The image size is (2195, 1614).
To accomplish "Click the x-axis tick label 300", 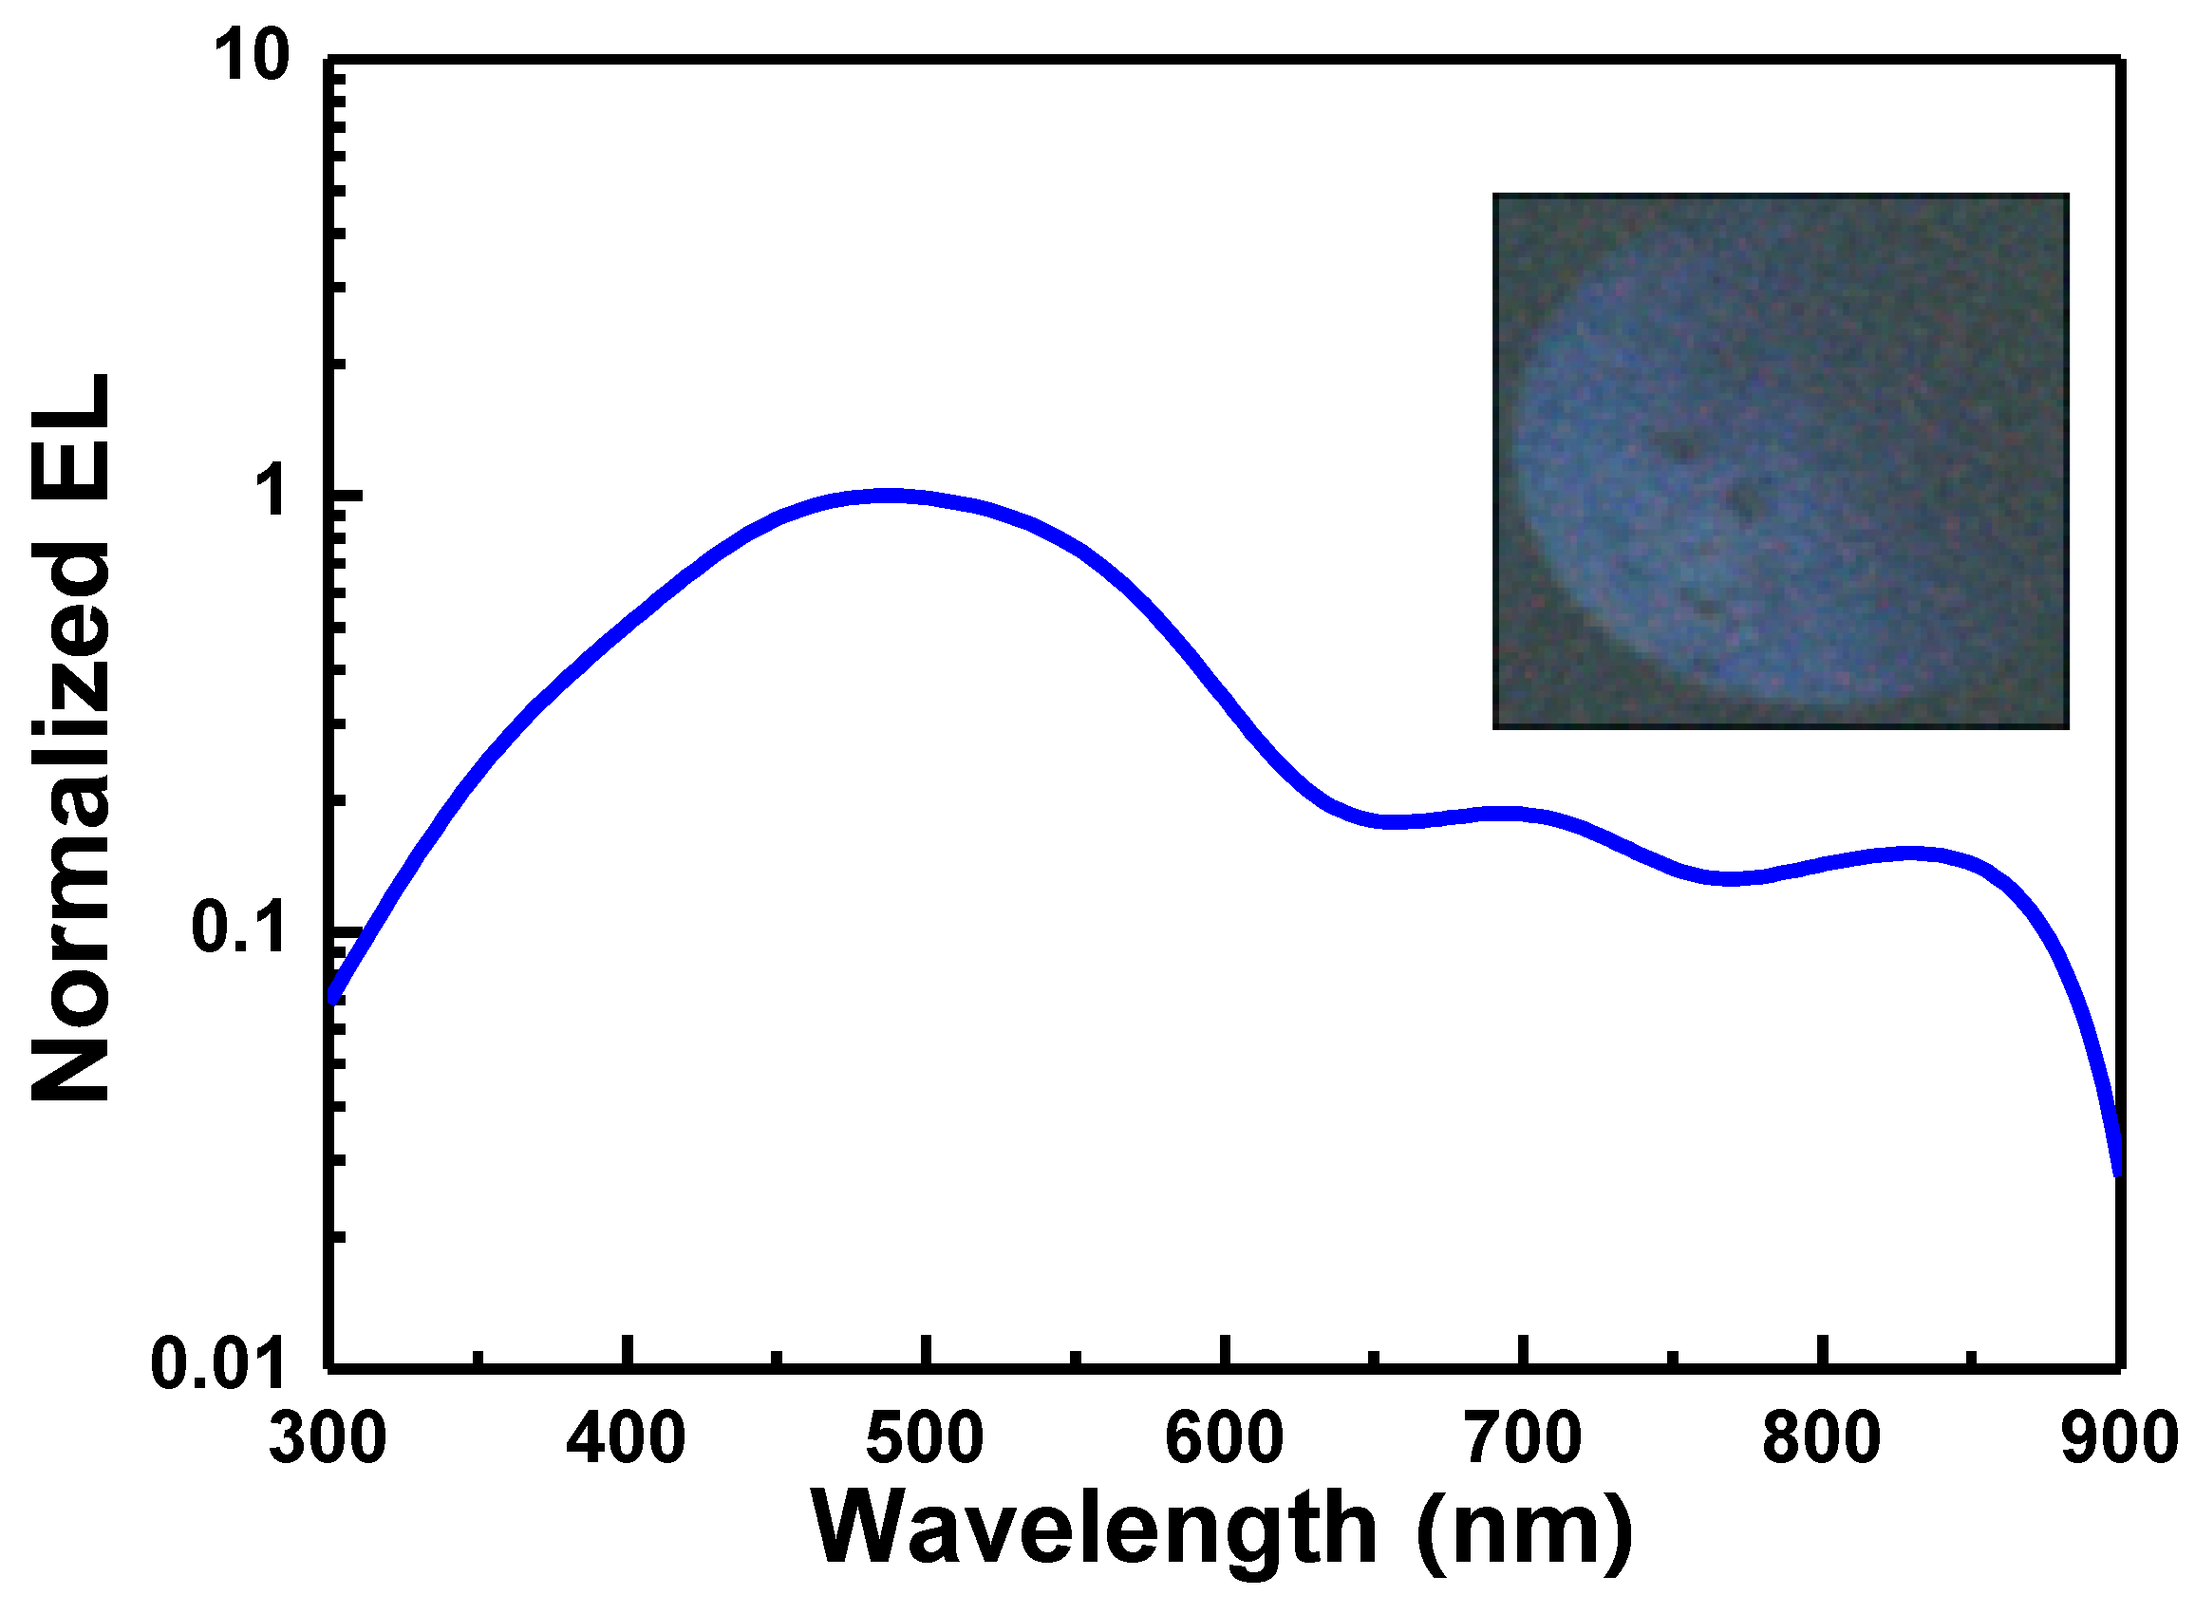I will (x=328, y=1438).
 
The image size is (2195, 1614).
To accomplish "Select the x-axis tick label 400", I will (x=627, y=1438).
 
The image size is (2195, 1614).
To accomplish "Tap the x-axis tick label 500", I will (x=925, y=1438).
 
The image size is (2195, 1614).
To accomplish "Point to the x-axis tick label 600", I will (x=1224, y=1438).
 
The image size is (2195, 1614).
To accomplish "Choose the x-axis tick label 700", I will (x=1523, y=1438).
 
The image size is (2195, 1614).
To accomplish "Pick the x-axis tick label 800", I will (x=1822, y=1438).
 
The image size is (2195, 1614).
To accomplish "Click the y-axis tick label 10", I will (x=251, y=57).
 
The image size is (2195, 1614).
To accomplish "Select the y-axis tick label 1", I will (x=272, y=494).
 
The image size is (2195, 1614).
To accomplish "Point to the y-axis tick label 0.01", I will (x=217, y=1364).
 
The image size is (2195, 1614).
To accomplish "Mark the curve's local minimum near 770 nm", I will (x=1729, y=877).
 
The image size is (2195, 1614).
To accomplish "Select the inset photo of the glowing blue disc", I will (x=1780, y=461).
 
